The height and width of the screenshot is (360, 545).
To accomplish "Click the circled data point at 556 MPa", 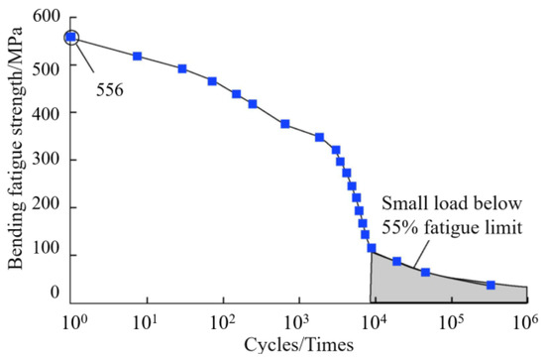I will (70, 38).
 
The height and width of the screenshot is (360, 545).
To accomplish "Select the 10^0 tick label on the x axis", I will (71, 321).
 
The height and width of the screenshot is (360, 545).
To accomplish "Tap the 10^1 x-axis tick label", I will (147, 321).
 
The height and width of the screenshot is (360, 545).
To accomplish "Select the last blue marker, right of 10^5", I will (490, 285).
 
